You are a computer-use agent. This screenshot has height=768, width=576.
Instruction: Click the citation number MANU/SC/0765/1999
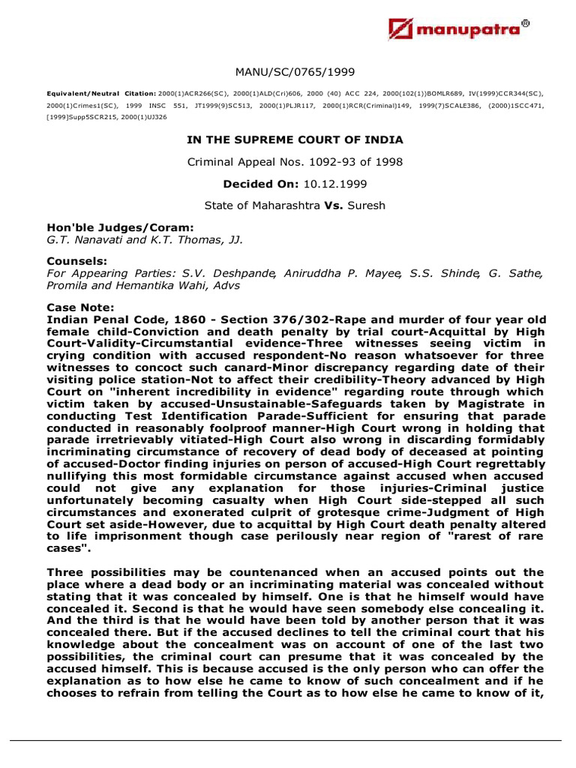coord(294,72)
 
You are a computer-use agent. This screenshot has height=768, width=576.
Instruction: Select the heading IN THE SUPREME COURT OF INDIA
coord(294,140)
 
